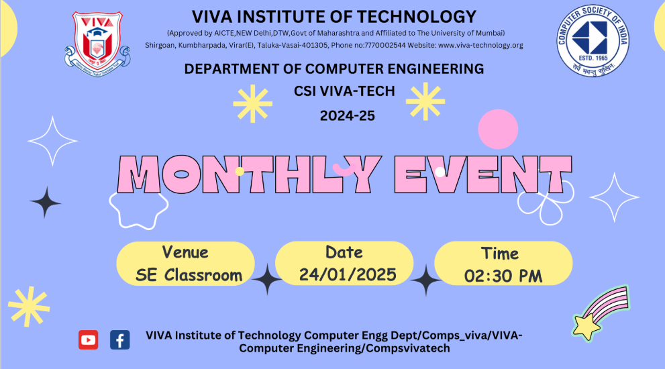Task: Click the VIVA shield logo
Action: click(x=97, y=44)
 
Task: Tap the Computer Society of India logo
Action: click(x=593, y=40)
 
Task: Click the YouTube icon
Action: click(x=88, y=339)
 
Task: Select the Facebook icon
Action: click(x=120, y=339)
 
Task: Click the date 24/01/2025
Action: click(x=348, y=275)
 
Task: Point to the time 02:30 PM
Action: click(x=503, y=276)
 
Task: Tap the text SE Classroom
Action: click(x=189, y=275)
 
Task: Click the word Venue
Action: click(x=185, y=252)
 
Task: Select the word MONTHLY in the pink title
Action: click(x=250, y=174)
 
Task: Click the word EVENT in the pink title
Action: click(x=483, y=174)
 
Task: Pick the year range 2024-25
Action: click(x=348, y=116)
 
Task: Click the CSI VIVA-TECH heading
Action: click(x=344, y=91)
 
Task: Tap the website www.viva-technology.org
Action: click(x=480, y=46)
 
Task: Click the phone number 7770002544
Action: click(x=385, y=46)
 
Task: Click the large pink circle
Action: click(x=498, y=129)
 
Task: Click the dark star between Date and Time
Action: click(x=426, y=280)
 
